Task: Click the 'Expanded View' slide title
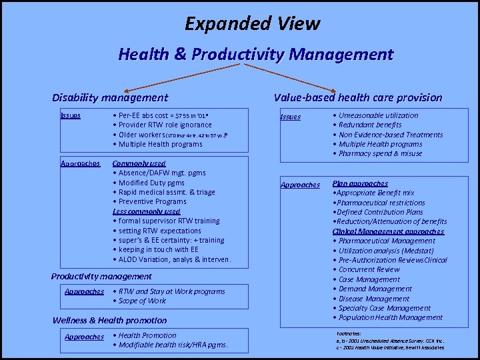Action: (x=253, y=24)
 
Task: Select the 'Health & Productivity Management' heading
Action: (x=256, y=54)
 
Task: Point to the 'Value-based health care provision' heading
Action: (x=358, y=97)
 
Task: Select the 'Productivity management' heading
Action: (x=101, y=276)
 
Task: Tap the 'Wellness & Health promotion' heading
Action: (x=109, y=321)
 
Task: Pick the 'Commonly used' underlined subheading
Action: (x=139, y=163)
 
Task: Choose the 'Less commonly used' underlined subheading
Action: (x=146, y=211)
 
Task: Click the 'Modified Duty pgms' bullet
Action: (x=150, y=183)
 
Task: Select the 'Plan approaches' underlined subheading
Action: (x=360, y=183)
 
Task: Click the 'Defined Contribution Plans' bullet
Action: (x=380, y=212)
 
